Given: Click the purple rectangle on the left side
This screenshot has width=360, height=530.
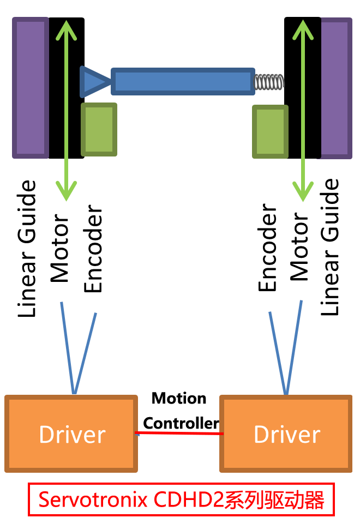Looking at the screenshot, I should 31,88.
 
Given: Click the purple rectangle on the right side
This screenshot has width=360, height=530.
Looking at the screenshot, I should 336,88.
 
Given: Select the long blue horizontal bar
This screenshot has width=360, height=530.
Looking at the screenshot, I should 182,81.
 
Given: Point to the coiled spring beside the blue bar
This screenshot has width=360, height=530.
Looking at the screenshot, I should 269,82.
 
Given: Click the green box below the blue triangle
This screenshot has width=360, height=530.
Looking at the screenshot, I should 99,129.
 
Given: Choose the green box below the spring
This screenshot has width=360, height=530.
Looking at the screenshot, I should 270,132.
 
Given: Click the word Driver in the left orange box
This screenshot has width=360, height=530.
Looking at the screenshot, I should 72,435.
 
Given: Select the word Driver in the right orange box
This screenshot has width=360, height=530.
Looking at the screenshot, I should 287,435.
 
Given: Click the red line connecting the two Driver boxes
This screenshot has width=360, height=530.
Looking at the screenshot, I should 179,433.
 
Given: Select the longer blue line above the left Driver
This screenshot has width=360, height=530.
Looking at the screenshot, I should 67,346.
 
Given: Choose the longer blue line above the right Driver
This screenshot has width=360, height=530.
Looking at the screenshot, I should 293,346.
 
